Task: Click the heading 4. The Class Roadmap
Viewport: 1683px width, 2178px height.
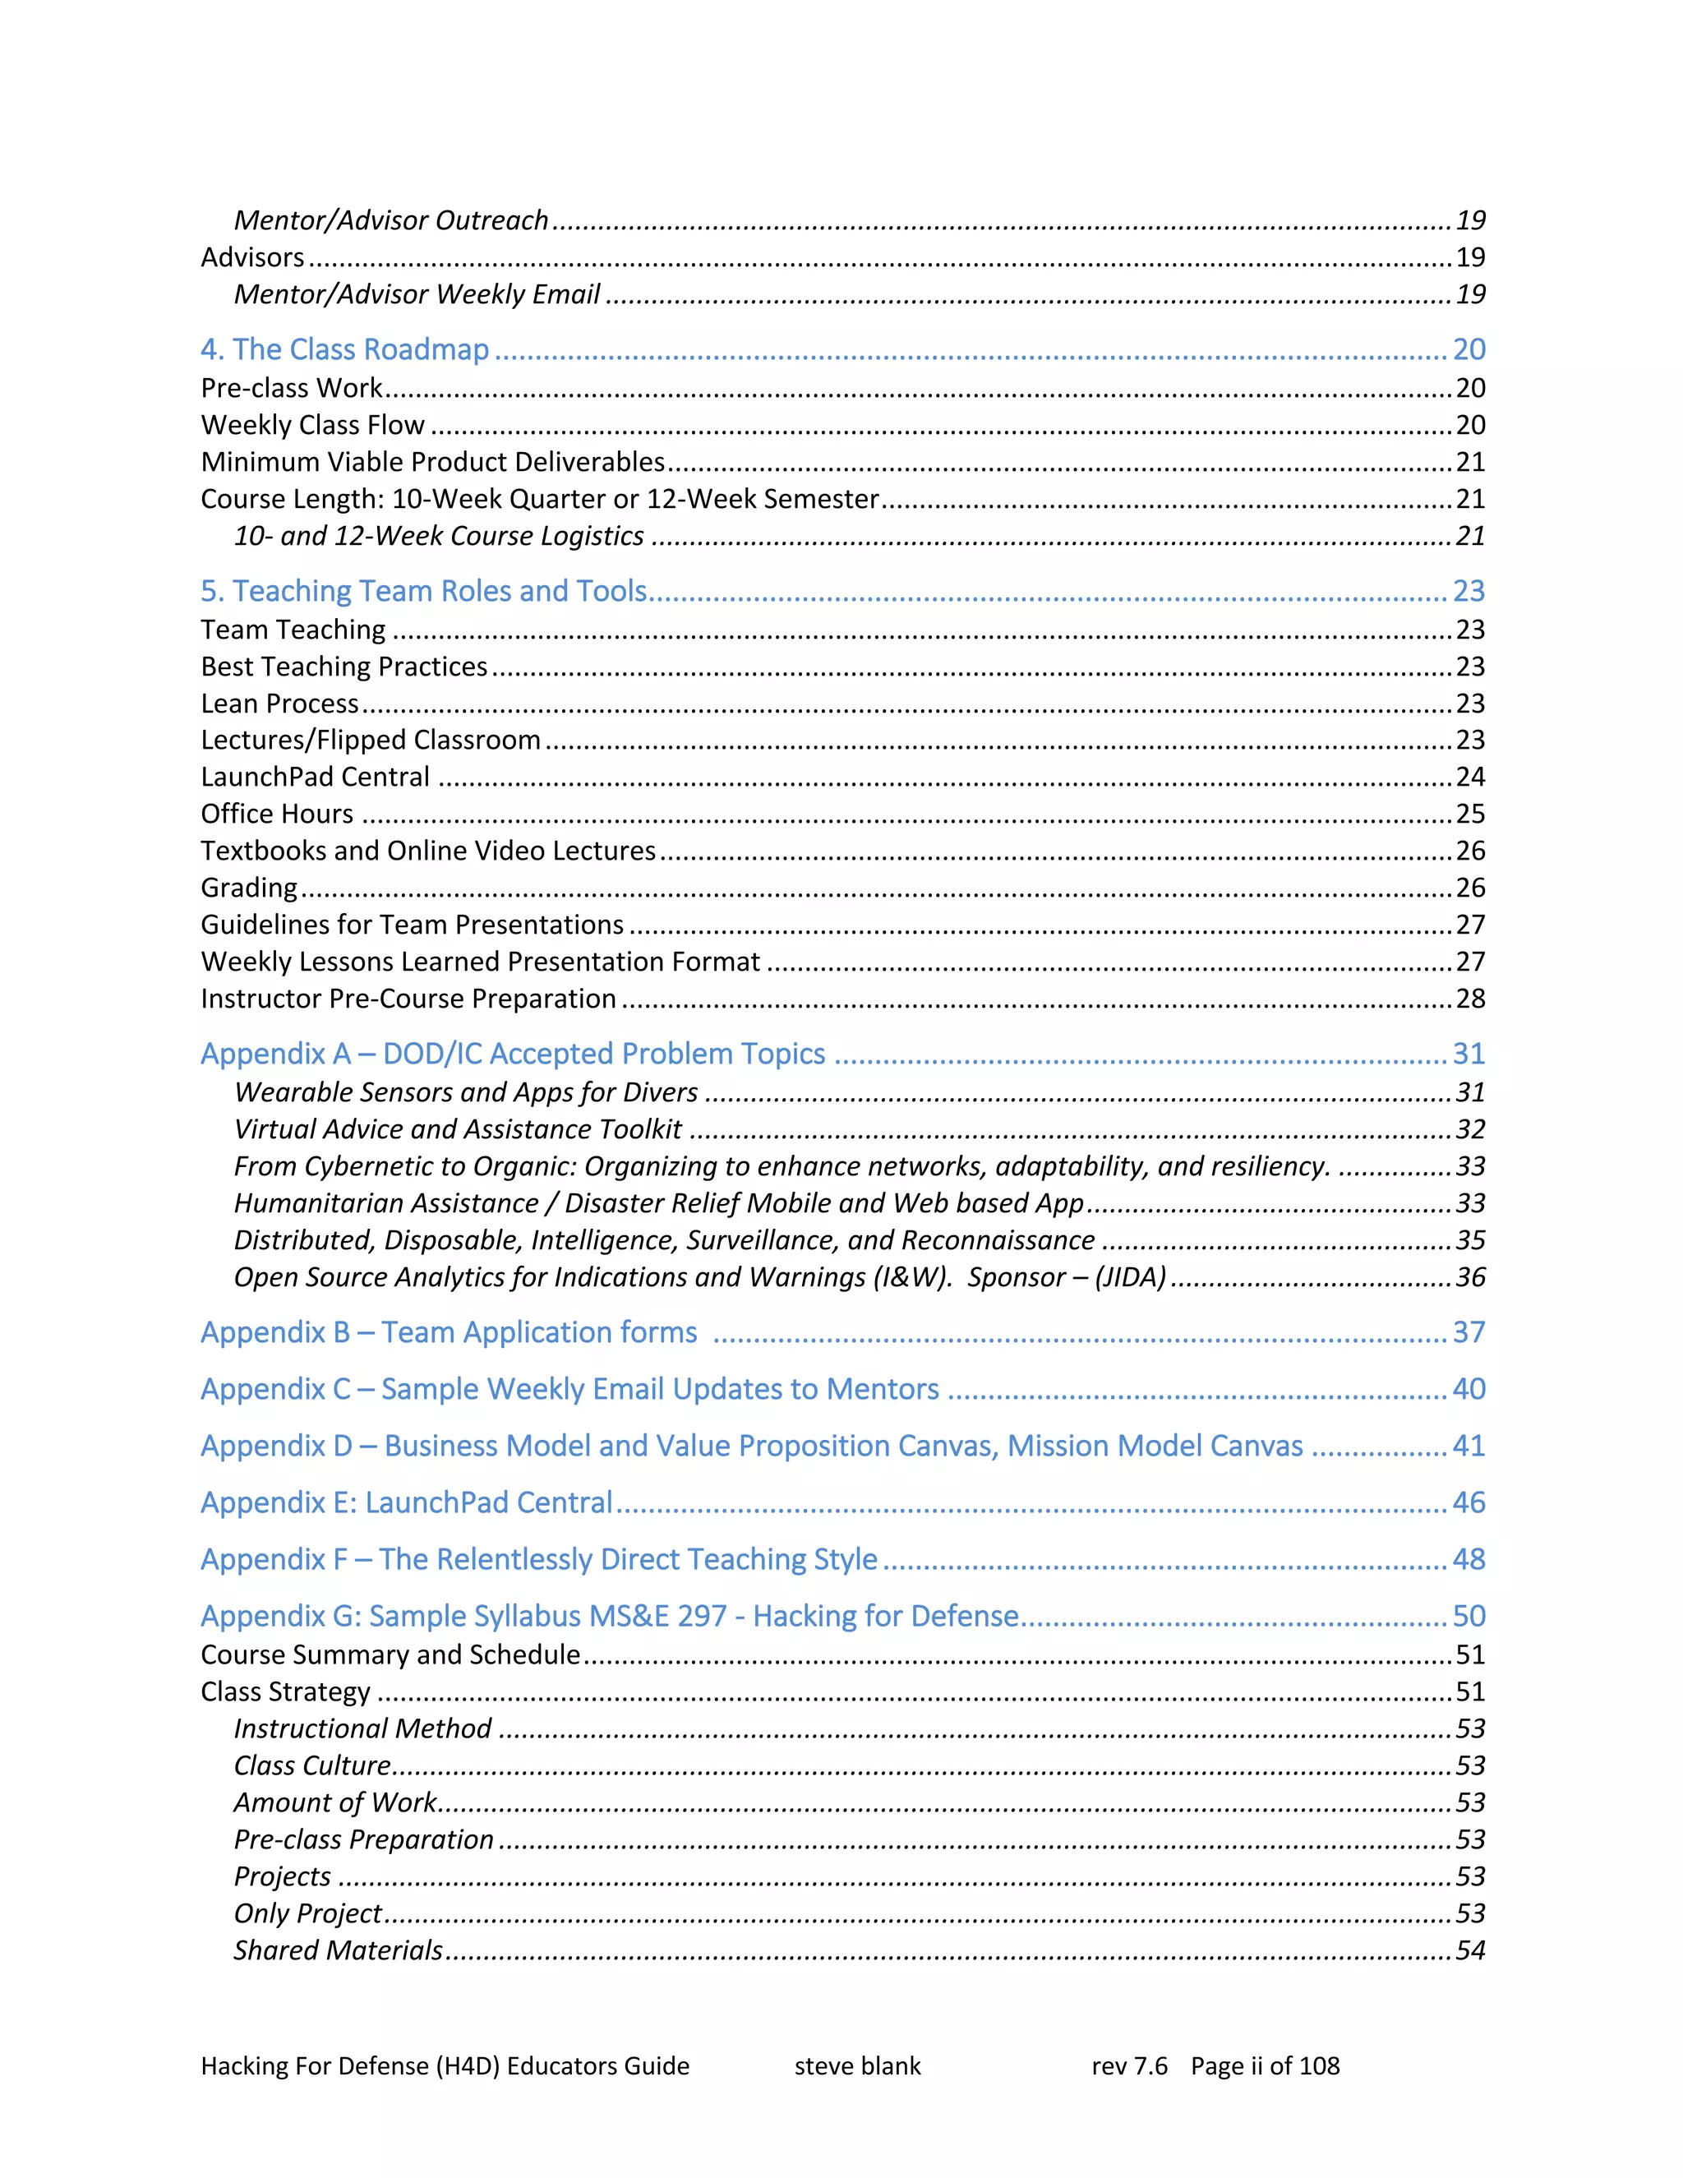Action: [x=344, y=349]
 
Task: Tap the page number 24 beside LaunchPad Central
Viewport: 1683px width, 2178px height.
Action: [x=1469, y=777]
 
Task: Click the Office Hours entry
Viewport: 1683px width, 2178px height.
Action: [x=277, y=814]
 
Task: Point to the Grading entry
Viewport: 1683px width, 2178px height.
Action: [x=249, y=888]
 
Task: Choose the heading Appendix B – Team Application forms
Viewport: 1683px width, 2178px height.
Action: [x=449, y=1332]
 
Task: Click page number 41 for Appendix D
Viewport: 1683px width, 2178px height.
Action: [x=1469, y=1446]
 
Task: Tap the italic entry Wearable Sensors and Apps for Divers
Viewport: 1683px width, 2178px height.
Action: [x=466, y=1092]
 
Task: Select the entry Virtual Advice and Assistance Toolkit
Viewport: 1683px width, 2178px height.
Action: [x=458, y=1129]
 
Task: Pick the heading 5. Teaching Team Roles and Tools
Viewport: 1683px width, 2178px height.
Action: [x=424, y=592]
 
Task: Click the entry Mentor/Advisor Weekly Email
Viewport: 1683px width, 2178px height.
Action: [x=417, y=294]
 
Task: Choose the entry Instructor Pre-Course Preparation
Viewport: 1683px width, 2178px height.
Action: [x=408, y=999]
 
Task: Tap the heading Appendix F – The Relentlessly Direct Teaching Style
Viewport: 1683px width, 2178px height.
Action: [x=538, y=1560]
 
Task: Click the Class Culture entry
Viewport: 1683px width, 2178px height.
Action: [x=312, y=1766]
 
